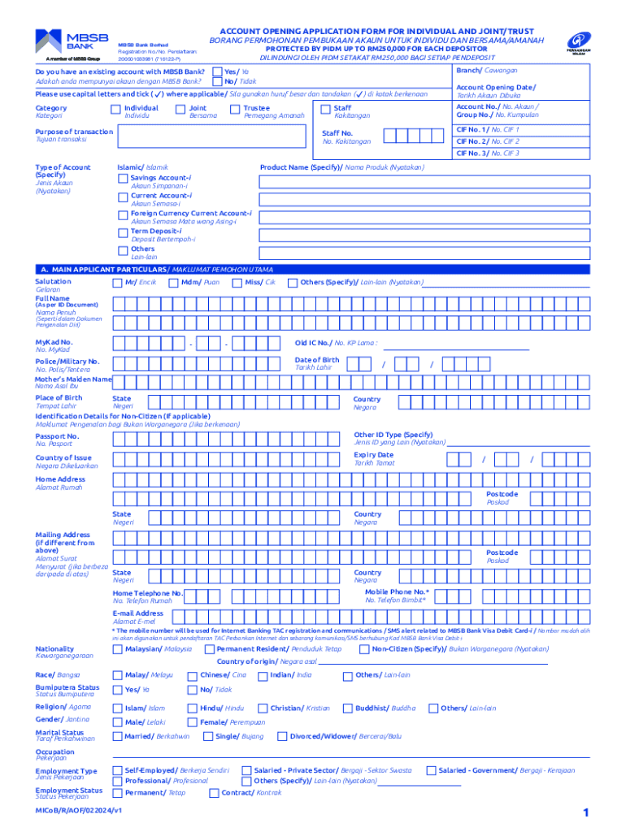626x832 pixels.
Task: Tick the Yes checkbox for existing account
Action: [x=216, y=71]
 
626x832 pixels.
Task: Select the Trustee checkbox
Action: [x=235, y=109]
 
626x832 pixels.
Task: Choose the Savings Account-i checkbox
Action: [x=123, y=178]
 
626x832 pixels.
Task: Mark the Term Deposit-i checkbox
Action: [x=123, y=232]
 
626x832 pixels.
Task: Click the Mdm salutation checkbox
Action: [x=173, y=283]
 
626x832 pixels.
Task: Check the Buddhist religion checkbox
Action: [x=347, y=708]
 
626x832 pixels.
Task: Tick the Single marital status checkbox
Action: [x=208, y=737]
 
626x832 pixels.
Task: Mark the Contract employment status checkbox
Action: [x=214, y=793]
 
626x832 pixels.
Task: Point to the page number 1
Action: [x=585, y=813]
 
